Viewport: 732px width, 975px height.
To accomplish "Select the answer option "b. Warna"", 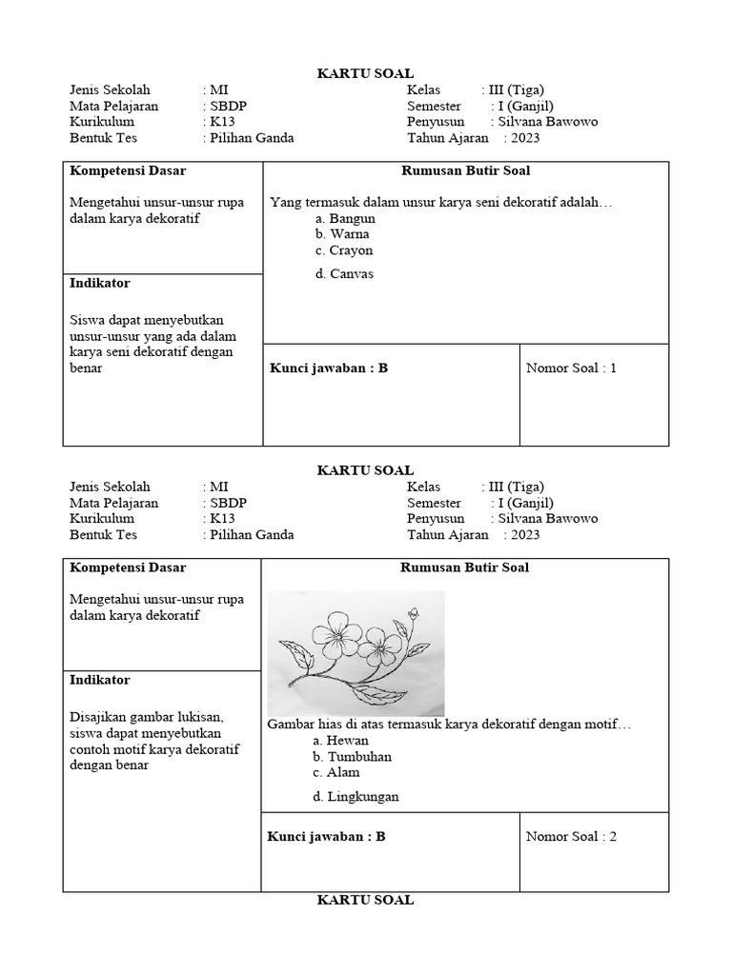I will pos(341,234).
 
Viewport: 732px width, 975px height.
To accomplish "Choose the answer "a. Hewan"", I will pos(340,741).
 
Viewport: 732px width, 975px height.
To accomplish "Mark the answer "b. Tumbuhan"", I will pos(352,757).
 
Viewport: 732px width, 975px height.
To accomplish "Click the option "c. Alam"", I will pos(335,773).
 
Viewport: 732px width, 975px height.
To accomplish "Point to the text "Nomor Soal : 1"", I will pos(571,368).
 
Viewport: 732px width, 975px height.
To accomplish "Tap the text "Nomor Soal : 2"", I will pos(571,837).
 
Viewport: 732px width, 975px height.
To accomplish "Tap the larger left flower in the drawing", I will pos(335,636).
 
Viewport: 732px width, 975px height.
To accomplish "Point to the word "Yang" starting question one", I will pos(284,202).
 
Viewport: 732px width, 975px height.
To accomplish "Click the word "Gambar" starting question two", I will pos(290,725).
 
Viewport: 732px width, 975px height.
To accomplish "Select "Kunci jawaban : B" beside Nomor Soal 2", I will pos(327,837).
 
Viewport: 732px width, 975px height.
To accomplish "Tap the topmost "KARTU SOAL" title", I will pos(365,73).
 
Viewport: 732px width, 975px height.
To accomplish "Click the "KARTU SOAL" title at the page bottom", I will pos(365,900).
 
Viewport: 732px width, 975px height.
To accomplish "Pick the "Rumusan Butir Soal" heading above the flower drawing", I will pos(465,567).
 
